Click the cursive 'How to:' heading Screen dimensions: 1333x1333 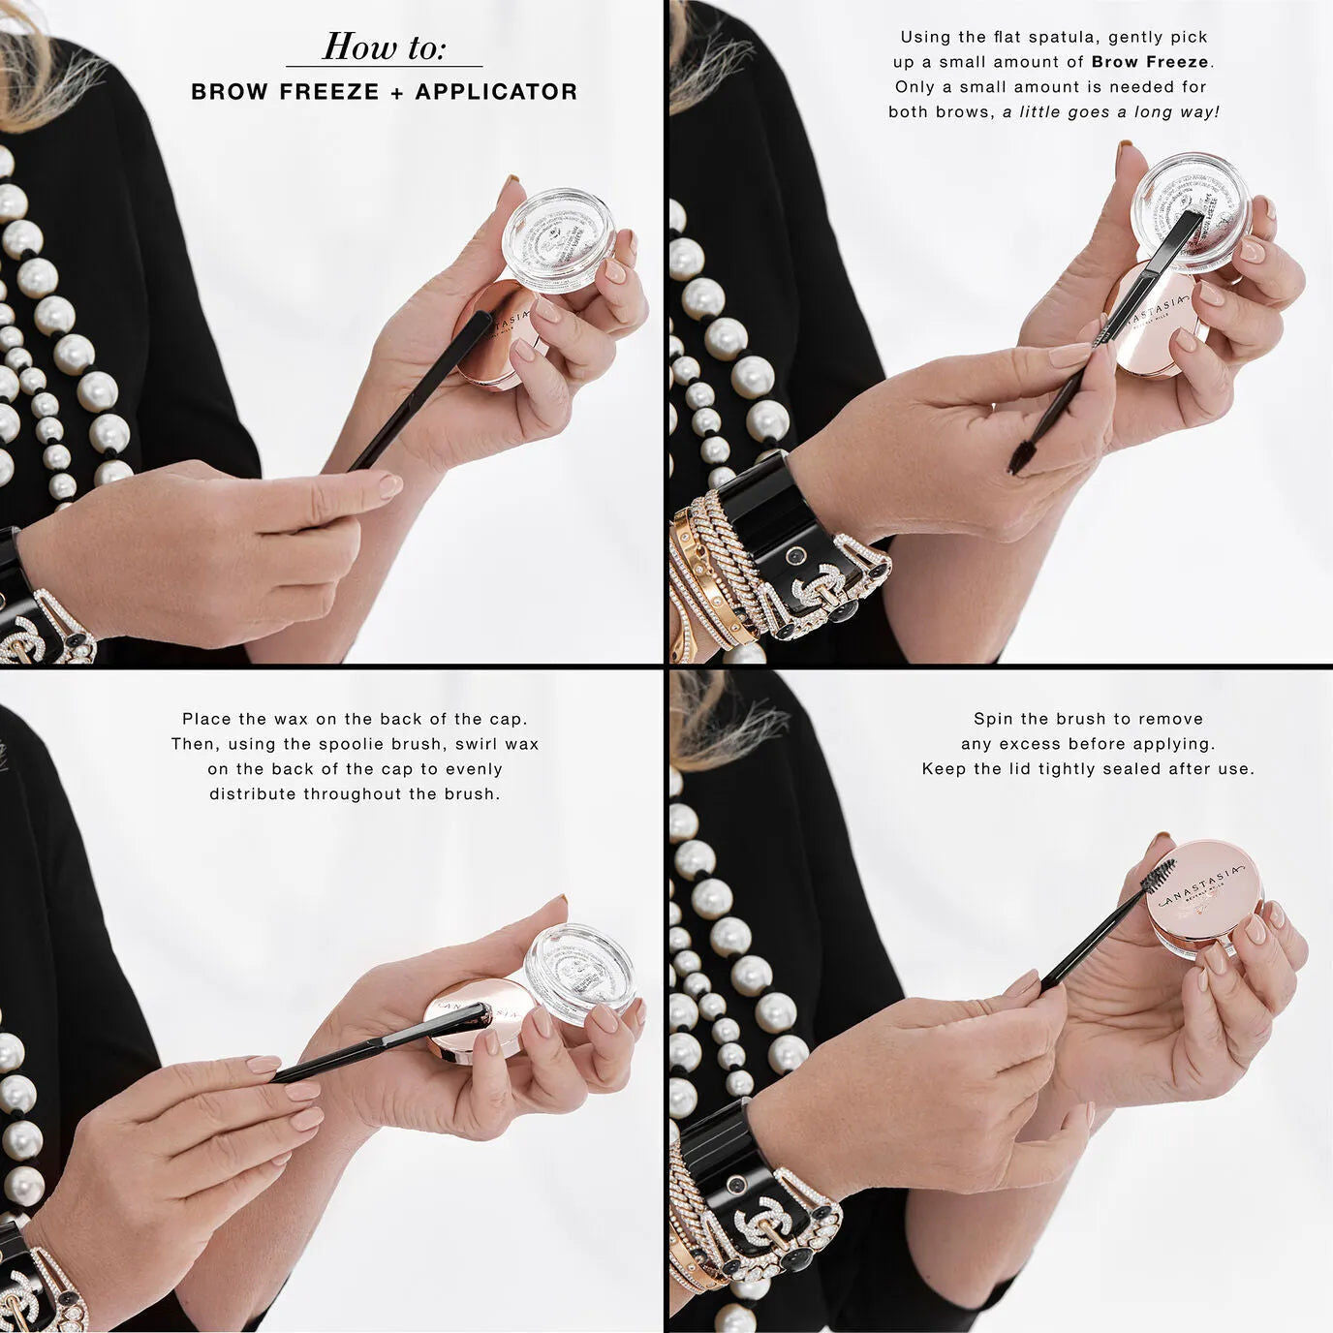pyautogui.click(x=384, y=46)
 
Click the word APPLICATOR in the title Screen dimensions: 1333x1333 pyautogui.click(x=496, y=92)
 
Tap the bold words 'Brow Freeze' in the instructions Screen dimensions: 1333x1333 pyautogui.click(x=1151, y=62)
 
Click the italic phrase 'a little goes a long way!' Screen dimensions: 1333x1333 pyautogui.click(x=1111, y=112)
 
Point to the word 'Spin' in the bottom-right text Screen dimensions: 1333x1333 pyautogui.click(x=992, y=719)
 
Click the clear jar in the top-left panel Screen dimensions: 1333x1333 pyautogui.click(x=559, y=242)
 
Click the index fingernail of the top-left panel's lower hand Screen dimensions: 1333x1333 pyautogui.click(x=389, y=485)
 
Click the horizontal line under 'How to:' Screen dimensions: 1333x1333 pyautogui.click(x=384, y=67)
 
